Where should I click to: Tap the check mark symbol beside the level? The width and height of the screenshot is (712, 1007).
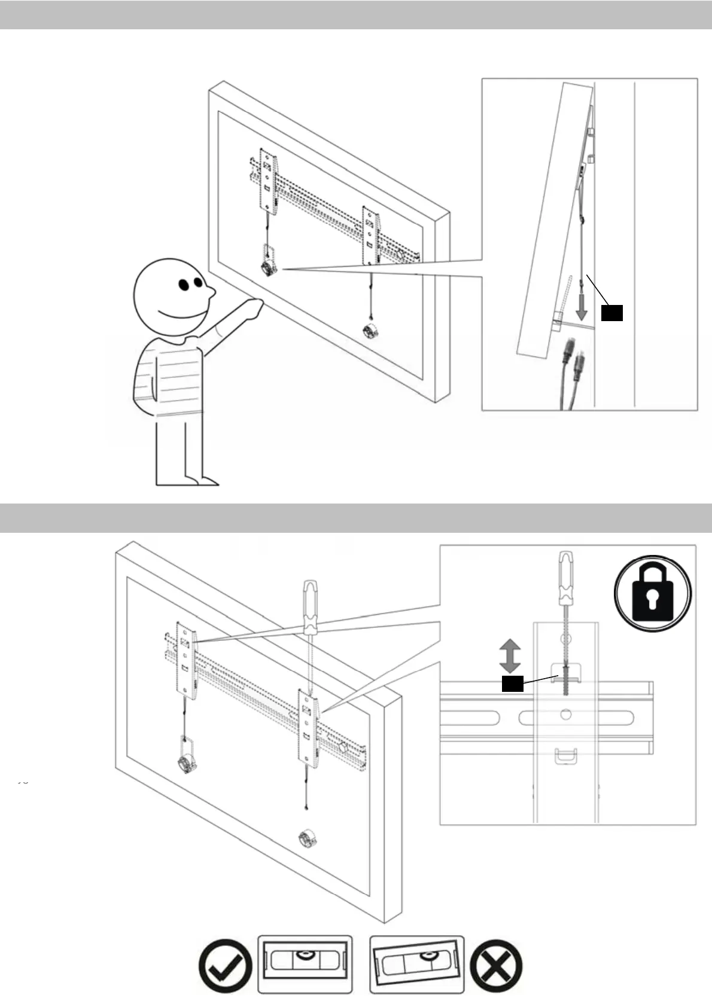[x=225, y=965]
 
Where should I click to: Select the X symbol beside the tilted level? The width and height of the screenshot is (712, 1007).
[x=496, y=965]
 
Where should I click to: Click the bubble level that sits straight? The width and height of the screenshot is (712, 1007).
[x=305, y=963]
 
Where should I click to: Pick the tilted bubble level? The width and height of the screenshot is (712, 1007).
[x=416, y=963]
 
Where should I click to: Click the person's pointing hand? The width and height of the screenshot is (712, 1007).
[x=254, y=307]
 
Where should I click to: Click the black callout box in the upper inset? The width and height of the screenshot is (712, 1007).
[x=611, y=313]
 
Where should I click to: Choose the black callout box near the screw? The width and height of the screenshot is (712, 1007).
[x=512, y=684]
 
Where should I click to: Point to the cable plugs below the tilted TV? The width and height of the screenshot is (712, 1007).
[x=571, y=368]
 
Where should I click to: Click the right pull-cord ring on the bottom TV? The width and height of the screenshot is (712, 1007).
[x=308, y=840]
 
